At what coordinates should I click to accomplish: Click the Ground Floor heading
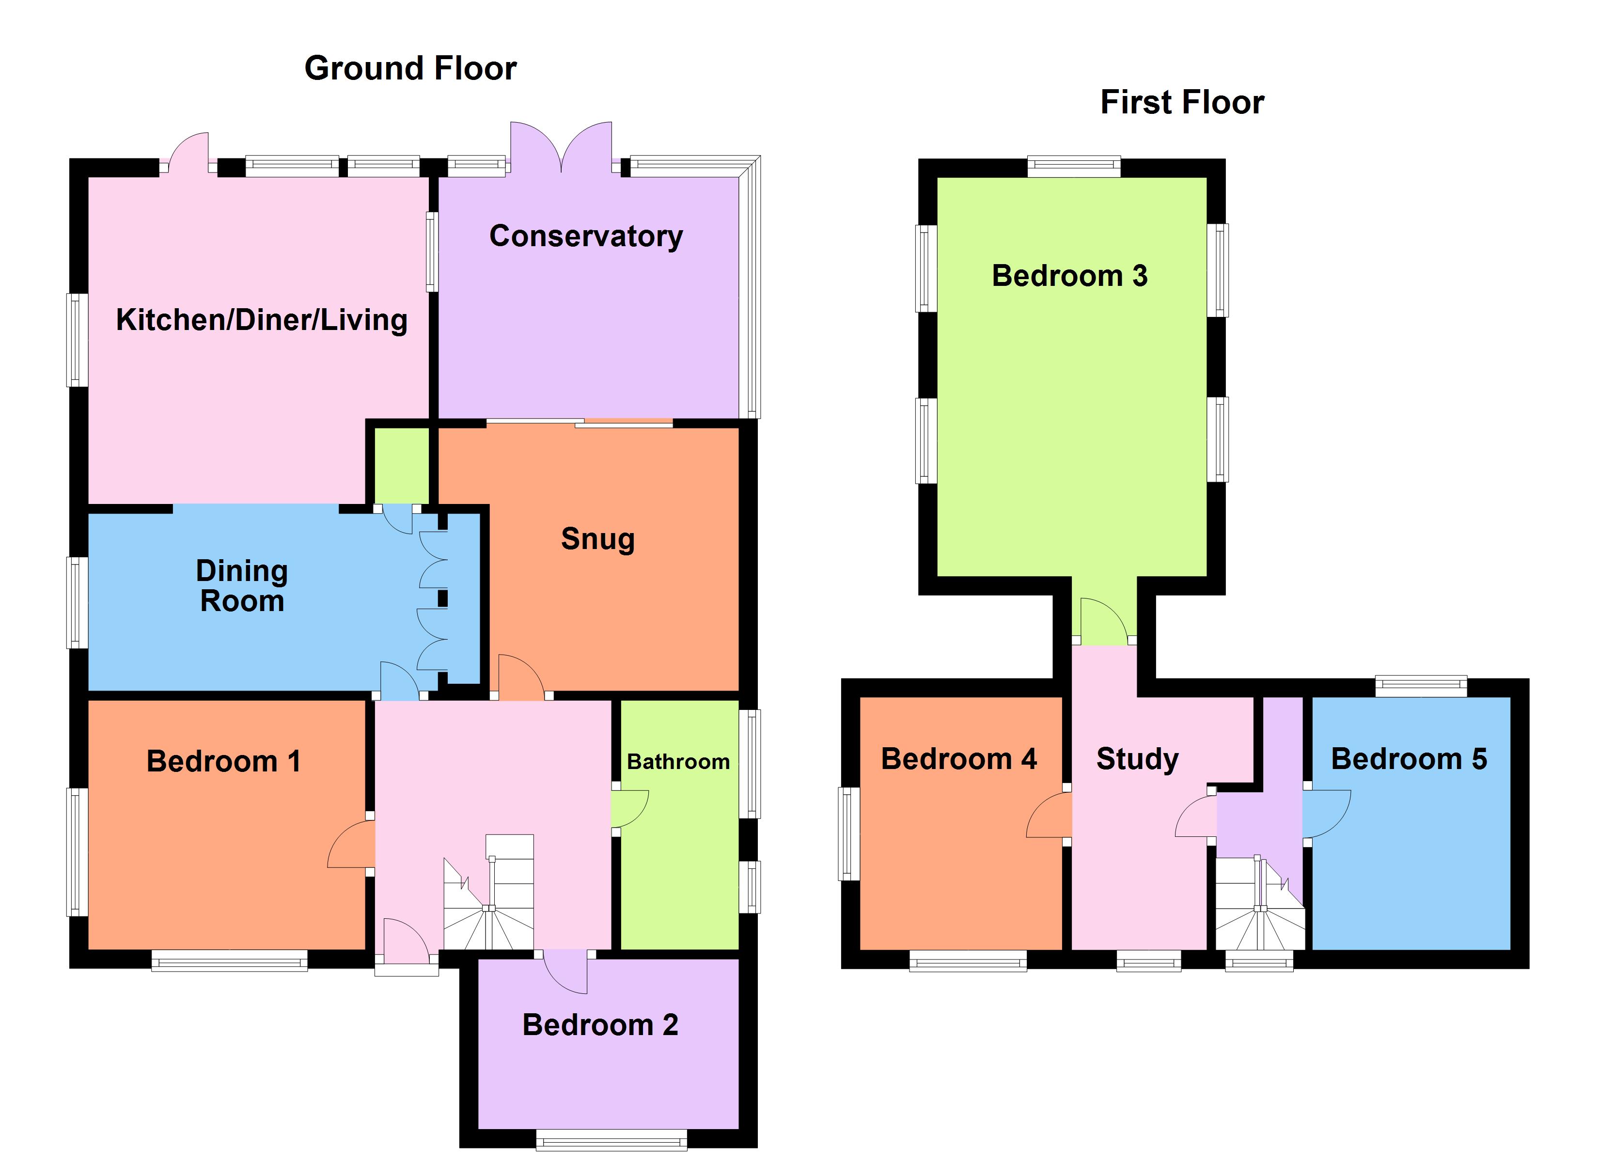(x=410, y=68)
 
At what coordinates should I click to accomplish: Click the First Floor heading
(x=1182, y=102)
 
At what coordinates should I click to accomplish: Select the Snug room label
(x=598, y=539)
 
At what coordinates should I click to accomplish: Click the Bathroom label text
(x=677, y=762)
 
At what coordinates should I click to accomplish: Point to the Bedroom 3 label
(x=1069, y=276)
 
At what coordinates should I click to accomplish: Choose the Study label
(x=1137, y=759)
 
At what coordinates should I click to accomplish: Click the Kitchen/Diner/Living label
(x=262, y=319)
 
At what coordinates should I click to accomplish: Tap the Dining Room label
(x=242, y=586)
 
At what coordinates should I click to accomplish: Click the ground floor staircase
(x=488, y=896)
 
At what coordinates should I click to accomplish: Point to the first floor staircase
(x=1259, y=906)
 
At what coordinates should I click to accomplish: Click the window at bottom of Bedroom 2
(x=611, y=1140)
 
